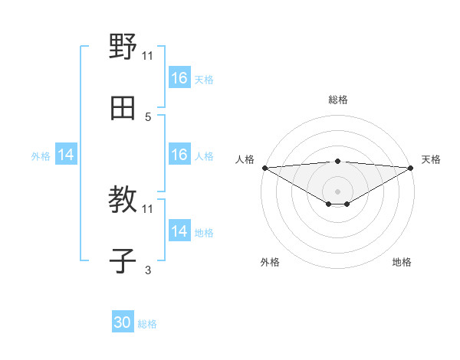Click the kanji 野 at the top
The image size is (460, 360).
point(123,47)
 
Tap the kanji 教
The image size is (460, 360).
point(123,201)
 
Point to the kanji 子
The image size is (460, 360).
point(123,261)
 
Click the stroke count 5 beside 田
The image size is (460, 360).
point(148,117)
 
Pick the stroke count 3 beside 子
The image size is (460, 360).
point(148,270)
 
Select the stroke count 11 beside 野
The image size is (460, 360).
point(148,55)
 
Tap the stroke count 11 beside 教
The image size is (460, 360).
point(148,208)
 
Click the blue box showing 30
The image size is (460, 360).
point(123,323)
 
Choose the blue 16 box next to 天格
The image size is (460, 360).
point(179,78)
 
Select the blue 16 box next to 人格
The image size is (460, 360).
point(179,155)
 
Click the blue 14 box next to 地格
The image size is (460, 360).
point(179,231)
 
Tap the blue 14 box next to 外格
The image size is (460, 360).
point(66,155)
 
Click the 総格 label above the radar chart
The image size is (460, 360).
point(337,100)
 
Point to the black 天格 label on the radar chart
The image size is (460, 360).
point(432,159)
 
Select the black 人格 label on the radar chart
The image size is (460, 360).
point(245,159)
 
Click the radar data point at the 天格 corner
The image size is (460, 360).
point(411,168)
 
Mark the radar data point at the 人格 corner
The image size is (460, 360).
point(264,168)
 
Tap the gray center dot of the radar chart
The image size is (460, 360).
point(337,191)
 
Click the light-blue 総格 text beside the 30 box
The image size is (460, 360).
point(147,324)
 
